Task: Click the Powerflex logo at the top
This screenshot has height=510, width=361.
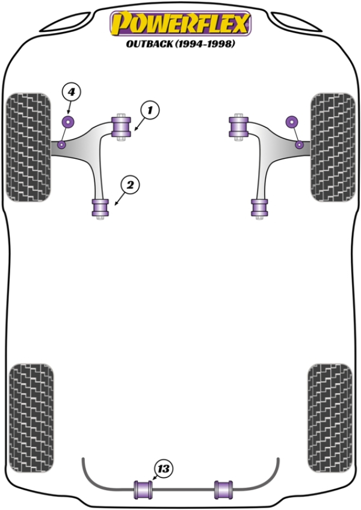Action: click(180, 23)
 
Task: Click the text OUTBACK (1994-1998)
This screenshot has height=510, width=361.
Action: click(180, 44)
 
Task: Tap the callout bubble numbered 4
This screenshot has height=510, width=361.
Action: click(71, 92)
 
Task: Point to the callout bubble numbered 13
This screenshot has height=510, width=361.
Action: click(163, 468)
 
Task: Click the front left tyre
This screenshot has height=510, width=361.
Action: click(28, 147)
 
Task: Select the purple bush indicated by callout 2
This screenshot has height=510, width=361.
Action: click(100, 207)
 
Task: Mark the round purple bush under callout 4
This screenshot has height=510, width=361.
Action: click(68, 122)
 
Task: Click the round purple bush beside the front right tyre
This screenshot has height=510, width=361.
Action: click(292, 122)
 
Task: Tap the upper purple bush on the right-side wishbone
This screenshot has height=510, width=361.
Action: click(238, 127)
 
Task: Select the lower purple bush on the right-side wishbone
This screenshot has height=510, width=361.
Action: click(260, 207)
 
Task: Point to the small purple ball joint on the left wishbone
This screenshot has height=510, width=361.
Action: click(62, 144)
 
